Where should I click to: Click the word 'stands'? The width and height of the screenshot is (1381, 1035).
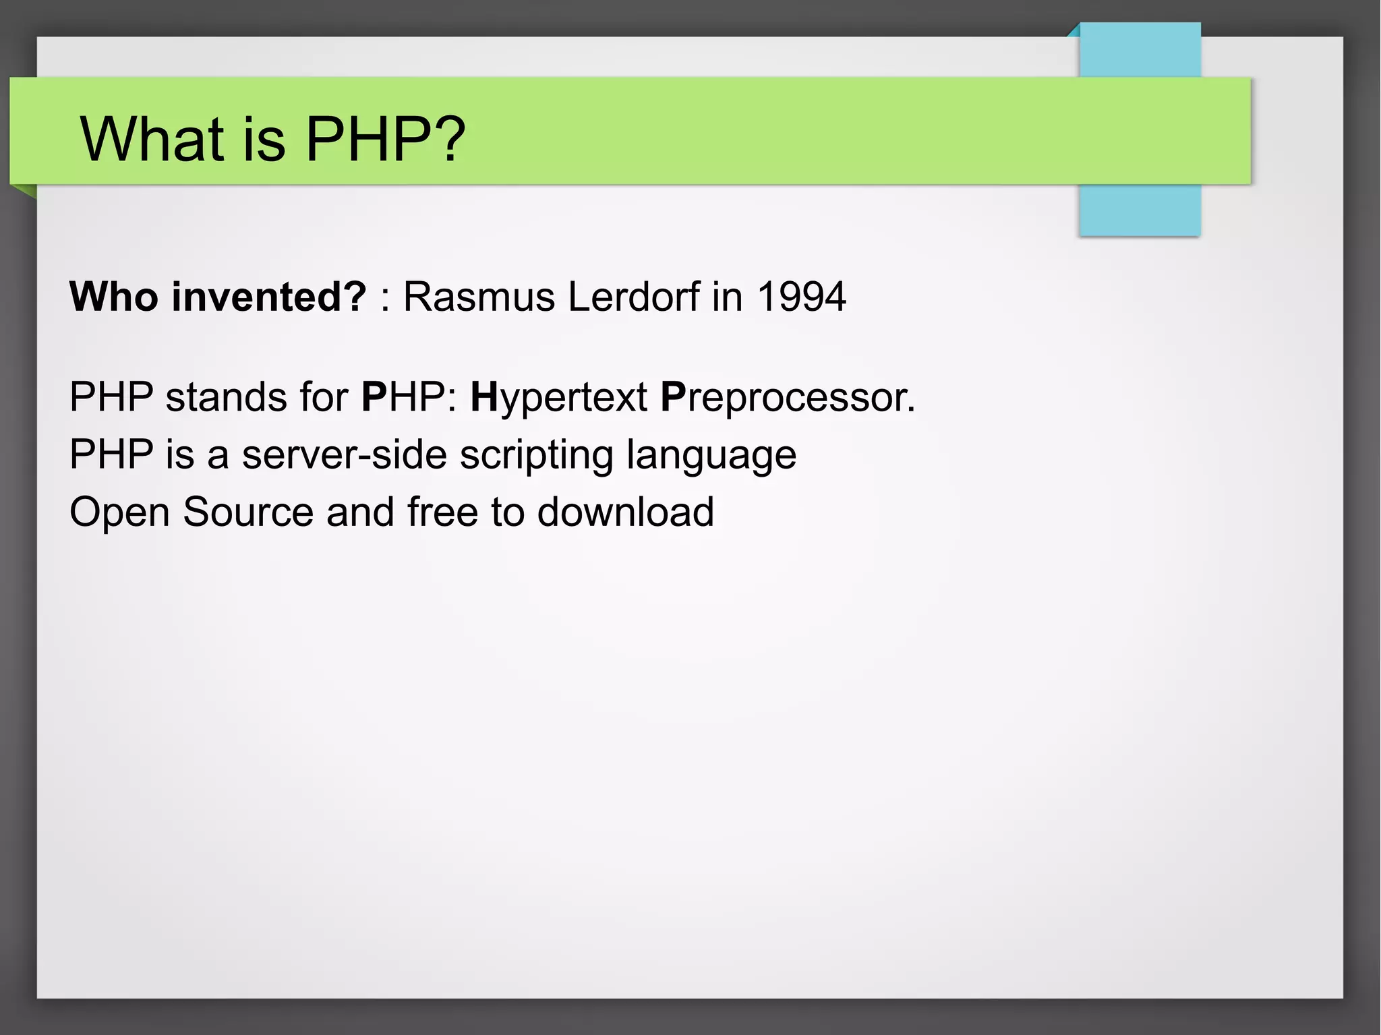pyautogui.click(x=227, y=396)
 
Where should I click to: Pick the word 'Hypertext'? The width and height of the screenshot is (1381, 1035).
pyautogui.click(x=559, y=398)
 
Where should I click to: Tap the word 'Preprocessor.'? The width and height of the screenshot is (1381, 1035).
pyautogui.click(x=788, y=398)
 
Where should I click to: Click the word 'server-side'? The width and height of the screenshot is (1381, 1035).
pyautogui.click(x=344, y=454)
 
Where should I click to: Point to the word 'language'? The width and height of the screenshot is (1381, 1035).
pyautogui.click(x=711, y=455)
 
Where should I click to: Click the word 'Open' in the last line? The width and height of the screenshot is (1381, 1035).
pyautogui.click(x=119, y=512)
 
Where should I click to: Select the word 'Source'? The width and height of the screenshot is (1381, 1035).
pyautogui.click(x=248, y=511)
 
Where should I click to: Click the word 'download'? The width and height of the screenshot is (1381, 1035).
pyautogui.click(x=625, y=511)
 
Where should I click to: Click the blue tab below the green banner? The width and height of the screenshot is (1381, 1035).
pyautogui.click(x=1140, y=210)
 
